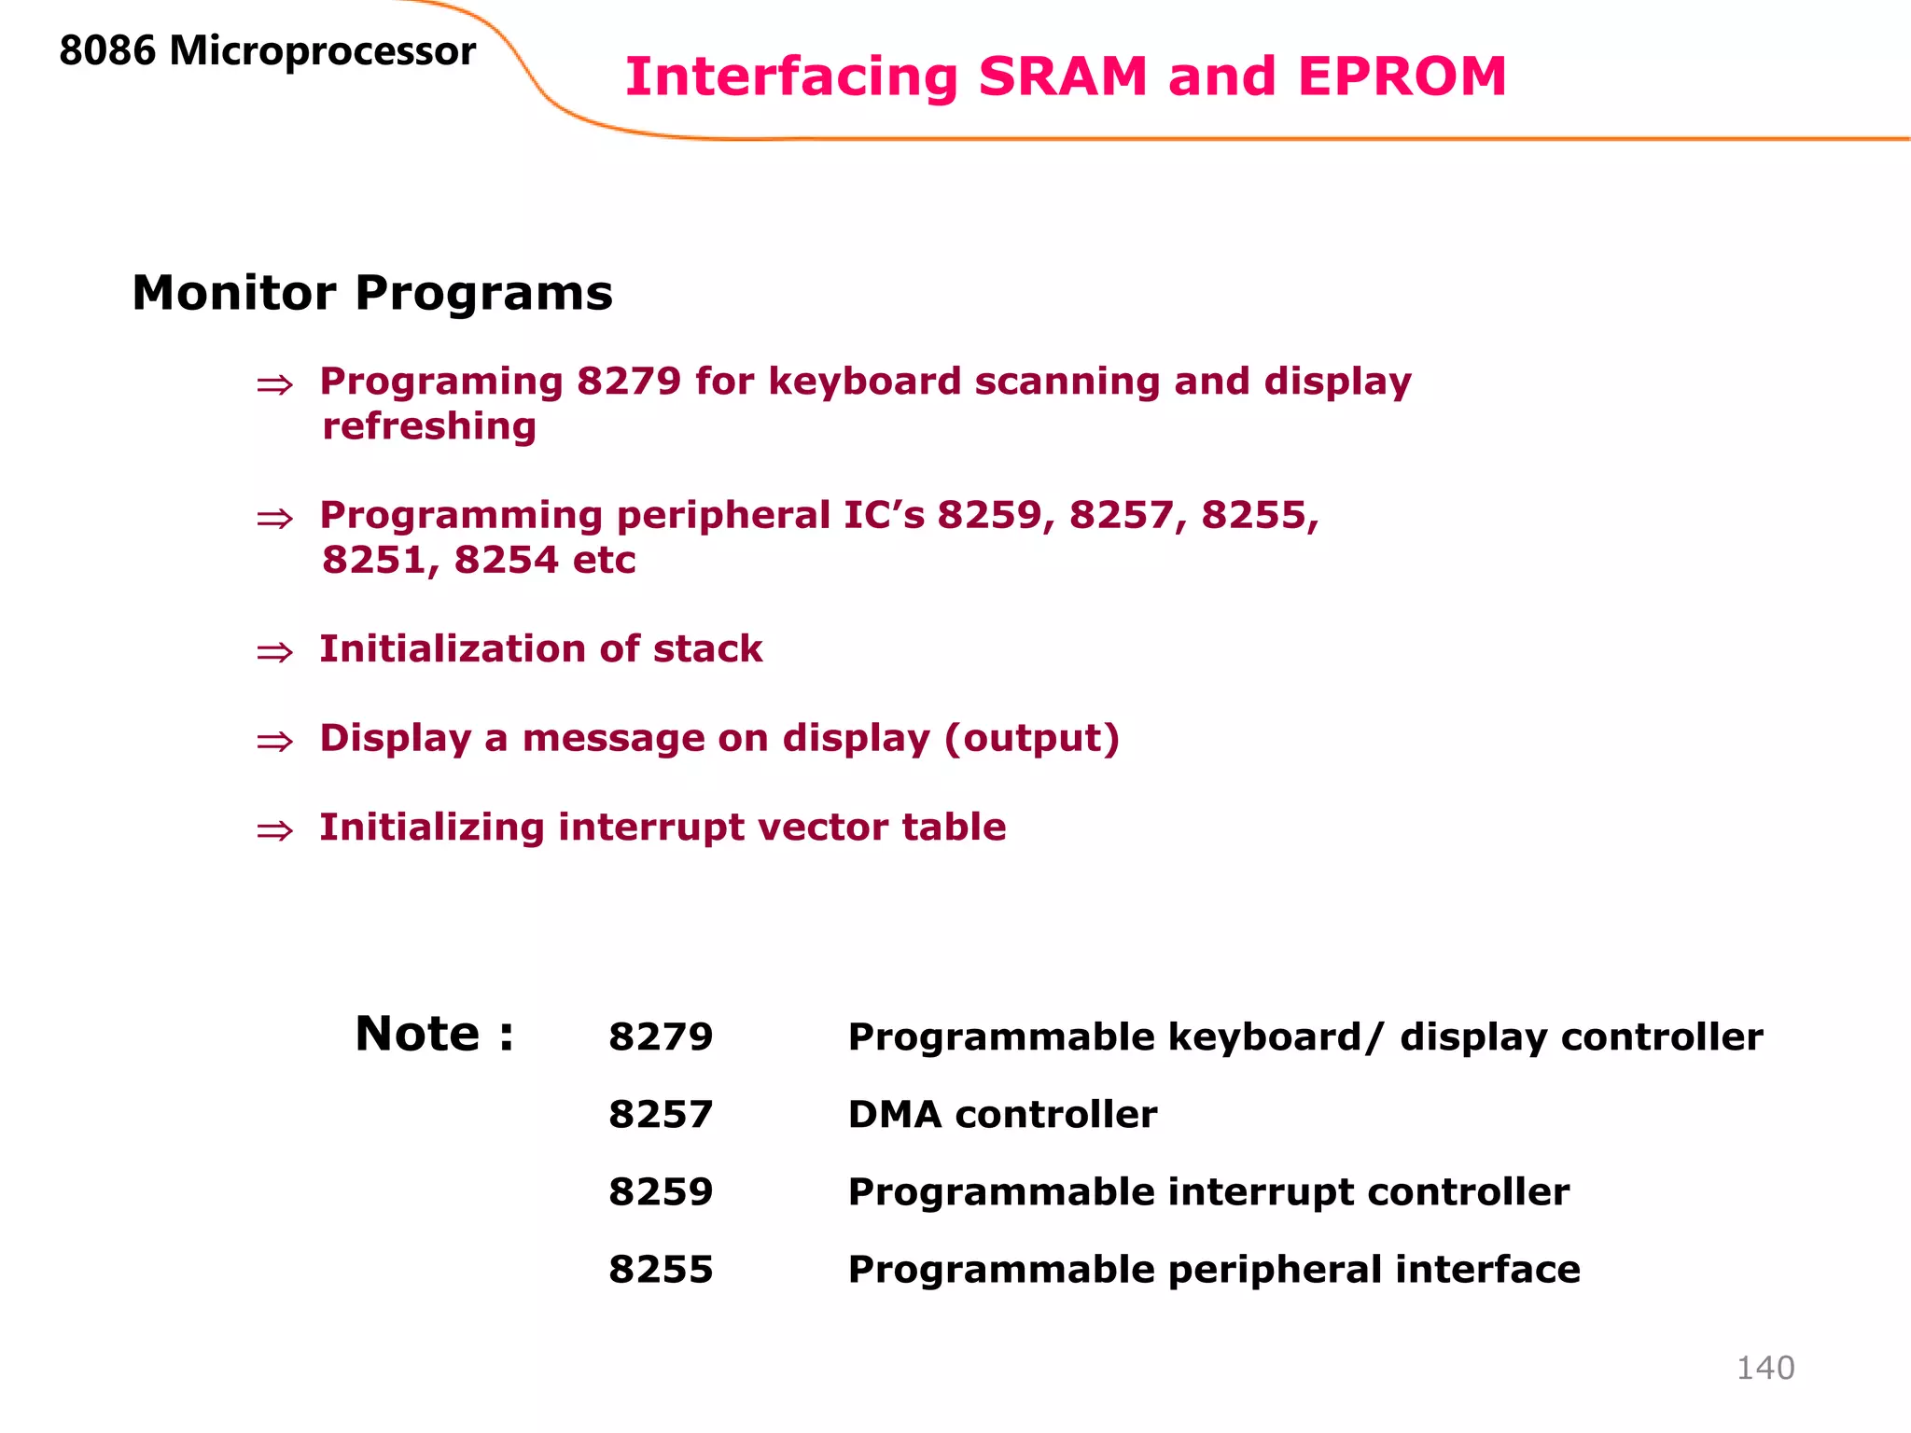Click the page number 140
[1765, 1368]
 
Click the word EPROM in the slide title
[1401, 77]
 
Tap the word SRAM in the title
[1062, 77]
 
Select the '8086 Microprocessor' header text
[267, 50]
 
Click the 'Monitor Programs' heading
[372, 293]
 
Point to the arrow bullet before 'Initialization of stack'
[274, 652]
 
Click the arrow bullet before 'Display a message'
[274, 742]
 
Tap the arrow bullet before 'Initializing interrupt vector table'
[274, 830]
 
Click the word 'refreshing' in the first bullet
[429, 426]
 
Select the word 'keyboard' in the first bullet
[864, 382]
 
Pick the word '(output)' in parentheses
[1031, 738]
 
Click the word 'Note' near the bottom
[417, 1034]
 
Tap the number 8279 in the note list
[661, 1036]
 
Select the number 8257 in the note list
[661, 1114]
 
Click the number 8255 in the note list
[661, 1270]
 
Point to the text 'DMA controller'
[1002, 1114]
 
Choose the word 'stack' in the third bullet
[707, 649]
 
